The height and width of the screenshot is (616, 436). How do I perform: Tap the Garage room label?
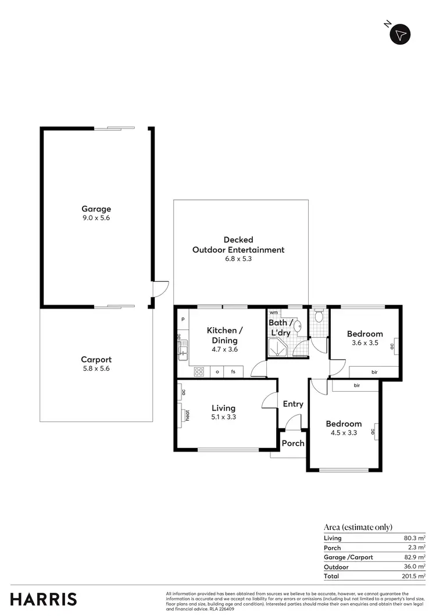96,209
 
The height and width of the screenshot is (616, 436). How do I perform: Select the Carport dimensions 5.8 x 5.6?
96,368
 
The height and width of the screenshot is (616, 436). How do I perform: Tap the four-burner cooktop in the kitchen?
198,371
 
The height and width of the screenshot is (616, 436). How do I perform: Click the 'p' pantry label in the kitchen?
183,319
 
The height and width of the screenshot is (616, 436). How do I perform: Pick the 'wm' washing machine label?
273,313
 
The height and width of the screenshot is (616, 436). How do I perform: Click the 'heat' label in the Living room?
188,415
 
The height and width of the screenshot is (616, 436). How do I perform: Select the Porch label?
293,443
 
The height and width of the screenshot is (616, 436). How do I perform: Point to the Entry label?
293,404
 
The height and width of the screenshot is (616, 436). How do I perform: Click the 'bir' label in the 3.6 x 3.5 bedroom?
374,372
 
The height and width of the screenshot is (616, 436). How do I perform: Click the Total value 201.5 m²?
414,576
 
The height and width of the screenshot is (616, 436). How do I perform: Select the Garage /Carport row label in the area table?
348,557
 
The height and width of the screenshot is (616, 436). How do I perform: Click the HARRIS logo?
43,599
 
